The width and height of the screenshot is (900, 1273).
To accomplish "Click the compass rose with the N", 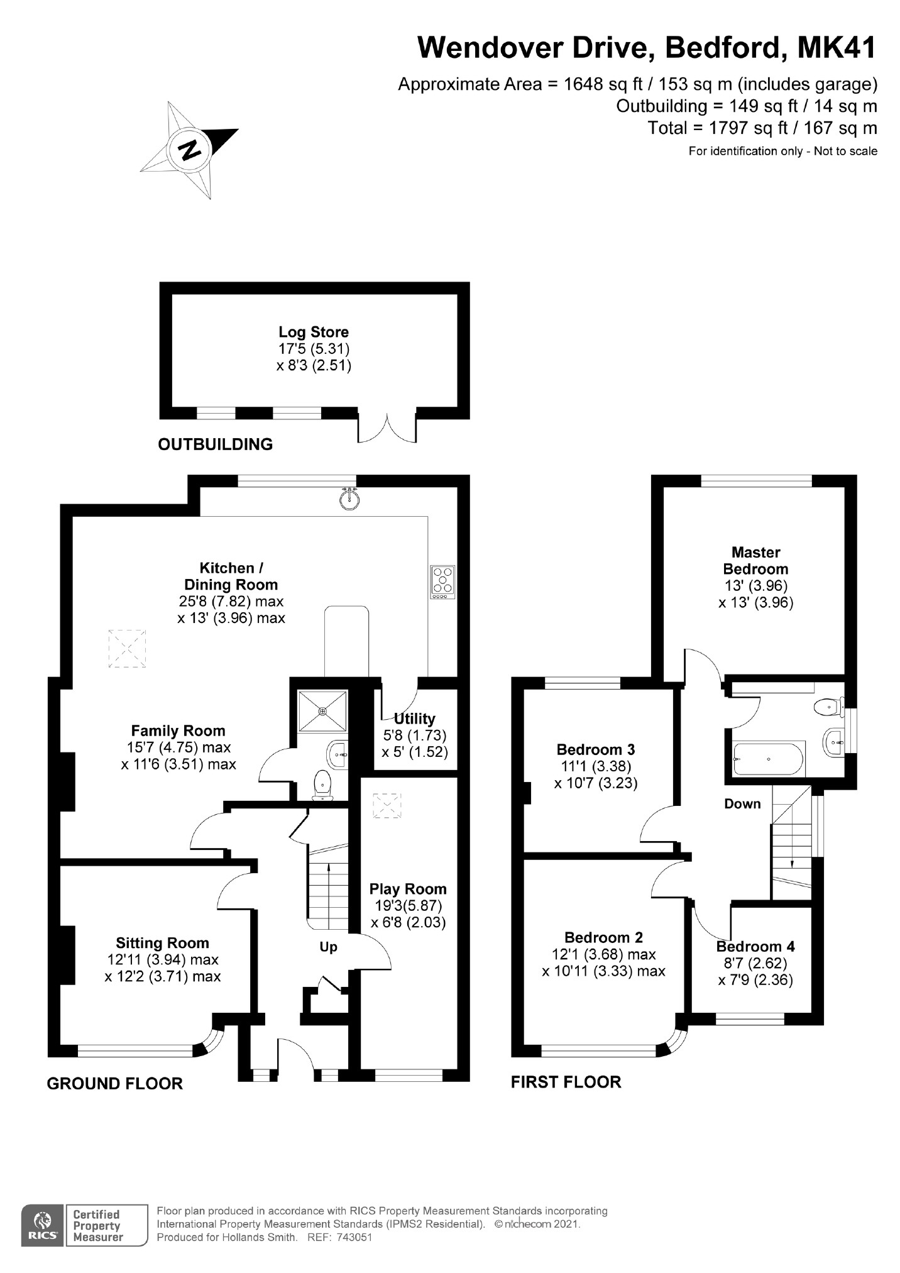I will (189, 150).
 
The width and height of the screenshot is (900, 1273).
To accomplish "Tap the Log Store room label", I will (313, 332).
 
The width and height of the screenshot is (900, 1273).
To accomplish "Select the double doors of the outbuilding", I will (387, 428).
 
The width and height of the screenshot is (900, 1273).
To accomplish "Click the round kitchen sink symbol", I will (349, 499).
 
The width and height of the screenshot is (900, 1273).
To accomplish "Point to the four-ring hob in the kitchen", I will (442, 581).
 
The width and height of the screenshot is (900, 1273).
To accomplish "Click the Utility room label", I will (414, 719).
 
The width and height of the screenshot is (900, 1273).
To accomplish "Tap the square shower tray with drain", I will (322, 710).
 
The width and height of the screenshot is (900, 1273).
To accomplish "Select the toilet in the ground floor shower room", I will (322, 785).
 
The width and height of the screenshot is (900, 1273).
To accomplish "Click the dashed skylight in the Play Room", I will (386, 805).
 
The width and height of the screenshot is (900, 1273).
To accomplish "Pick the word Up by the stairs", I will (328, 947).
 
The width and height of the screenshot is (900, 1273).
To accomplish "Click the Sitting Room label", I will (162, 943).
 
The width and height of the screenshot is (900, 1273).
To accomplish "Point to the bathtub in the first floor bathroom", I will (769, 759).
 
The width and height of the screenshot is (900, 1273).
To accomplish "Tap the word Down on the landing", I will (742, 803).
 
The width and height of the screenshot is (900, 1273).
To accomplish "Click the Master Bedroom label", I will (755, 561).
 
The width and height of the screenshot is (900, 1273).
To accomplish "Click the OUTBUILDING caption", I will (215, 444).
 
